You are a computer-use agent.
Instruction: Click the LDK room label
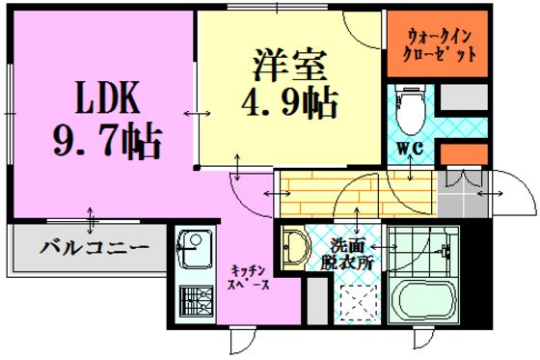107,97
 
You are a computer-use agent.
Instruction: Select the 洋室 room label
289,66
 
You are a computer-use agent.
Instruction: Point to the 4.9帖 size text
289,102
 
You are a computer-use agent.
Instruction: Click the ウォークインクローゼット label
438,45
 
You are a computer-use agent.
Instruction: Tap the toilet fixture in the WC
411,110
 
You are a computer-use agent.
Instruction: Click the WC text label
410,149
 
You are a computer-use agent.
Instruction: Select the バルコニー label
94,247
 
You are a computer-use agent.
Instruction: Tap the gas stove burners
196,300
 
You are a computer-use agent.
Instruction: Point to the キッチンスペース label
250,277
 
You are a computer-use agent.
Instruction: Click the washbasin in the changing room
295,247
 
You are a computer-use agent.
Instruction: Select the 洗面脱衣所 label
347,255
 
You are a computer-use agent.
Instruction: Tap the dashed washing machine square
358,303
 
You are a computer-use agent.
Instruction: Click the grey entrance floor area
463,194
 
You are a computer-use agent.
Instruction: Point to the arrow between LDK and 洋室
197,113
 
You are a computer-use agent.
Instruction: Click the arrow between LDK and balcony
91,220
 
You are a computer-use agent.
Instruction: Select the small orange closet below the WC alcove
464,153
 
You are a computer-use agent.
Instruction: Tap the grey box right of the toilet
464,97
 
